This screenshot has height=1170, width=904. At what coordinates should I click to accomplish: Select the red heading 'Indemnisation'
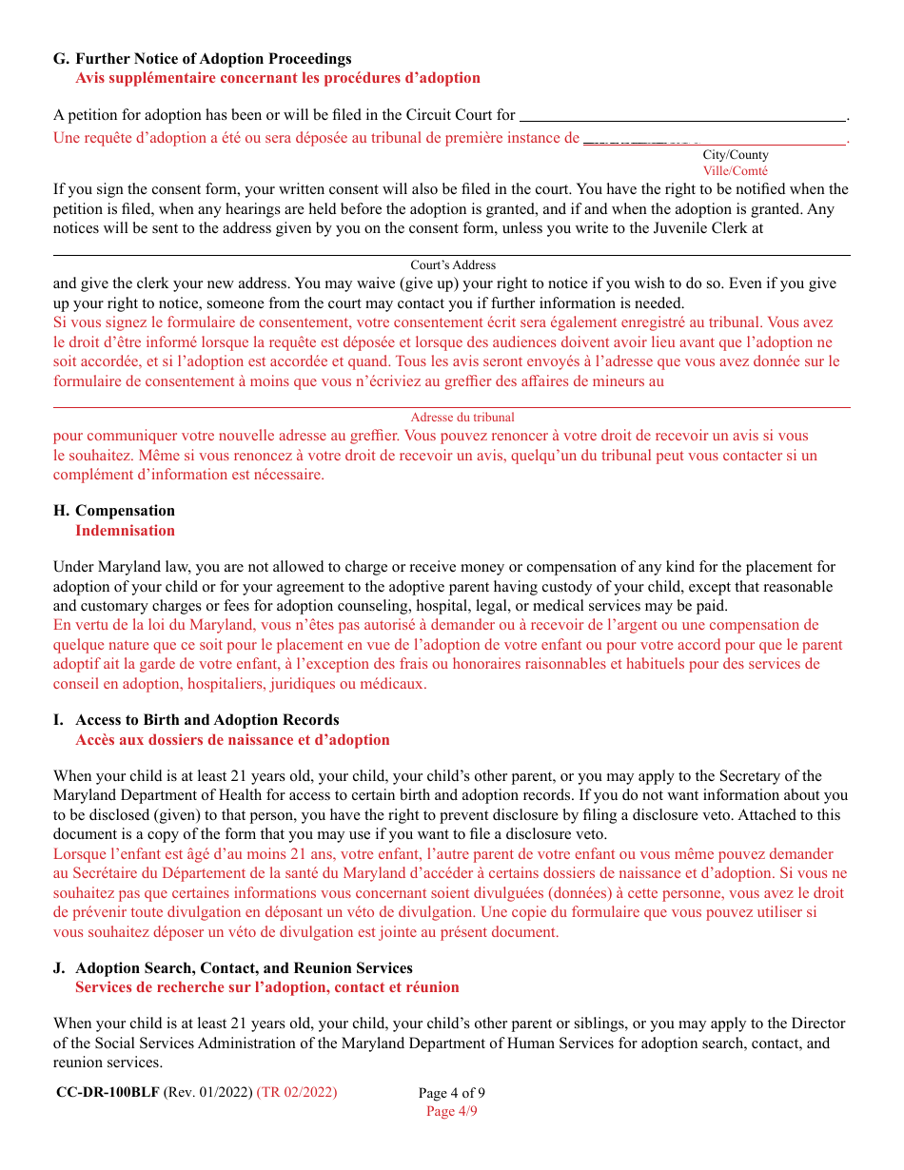pos(125,531)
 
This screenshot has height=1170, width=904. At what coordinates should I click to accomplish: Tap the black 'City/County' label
pos(736,155)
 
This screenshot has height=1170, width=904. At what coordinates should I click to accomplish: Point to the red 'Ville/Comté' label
pos(736,171)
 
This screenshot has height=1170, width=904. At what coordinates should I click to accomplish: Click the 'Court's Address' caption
pos(453,265)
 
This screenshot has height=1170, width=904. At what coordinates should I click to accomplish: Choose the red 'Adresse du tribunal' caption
pos(462,418)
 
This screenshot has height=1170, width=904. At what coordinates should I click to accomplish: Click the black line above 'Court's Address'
pos(451,255)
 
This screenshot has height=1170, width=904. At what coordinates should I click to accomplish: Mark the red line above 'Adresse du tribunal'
pos(451,407)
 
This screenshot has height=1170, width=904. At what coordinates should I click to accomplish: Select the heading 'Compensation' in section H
pos(125,511)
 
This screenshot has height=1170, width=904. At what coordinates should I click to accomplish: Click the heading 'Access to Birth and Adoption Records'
pos(206,720)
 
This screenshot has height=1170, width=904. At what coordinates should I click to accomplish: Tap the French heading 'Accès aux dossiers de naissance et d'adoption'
pos(232,740)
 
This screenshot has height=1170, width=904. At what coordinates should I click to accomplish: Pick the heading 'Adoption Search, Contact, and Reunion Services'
pos(244,968)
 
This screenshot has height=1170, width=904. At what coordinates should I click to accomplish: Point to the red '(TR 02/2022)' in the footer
pos(297,1092)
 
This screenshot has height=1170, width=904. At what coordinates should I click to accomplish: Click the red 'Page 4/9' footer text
pos(452,1111)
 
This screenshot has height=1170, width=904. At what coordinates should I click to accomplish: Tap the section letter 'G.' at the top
pos(61,59)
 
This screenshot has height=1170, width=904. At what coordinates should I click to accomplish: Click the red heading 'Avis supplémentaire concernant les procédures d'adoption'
pos(278,78)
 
